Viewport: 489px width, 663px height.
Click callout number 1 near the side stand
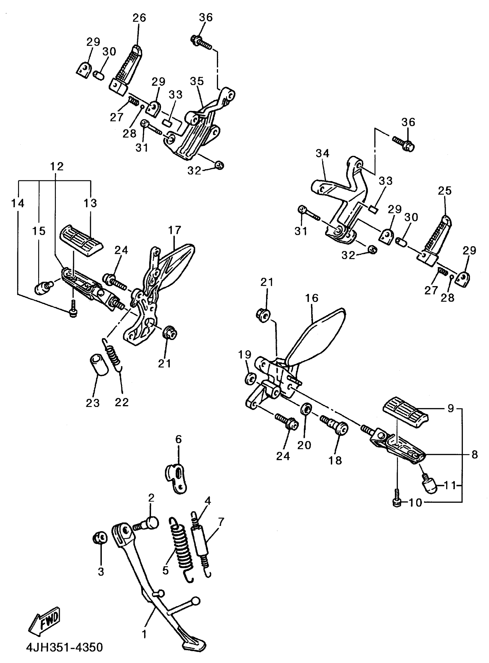pyautogui.click(x=144, y=634)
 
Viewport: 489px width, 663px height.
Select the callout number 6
pyautogui.click(x=179, y=439)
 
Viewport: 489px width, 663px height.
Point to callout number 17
pyautogui.click(x=175, y=230)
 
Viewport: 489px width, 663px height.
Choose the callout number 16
pyautogui.click(x=312, y=298)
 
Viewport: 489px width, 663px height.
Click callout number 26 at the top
pyautogui.click(x=139, y=18)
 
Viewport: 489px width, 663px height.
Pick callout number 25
pyautogui.click(x=445, y=191)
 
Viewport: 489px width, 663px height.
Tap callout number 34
pyautogui.click(x=323, y=153)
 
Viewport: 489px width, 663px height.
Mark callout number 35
pyautogui.click(x=197, y=81)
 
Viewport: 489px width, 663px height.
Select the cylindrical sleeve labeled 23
pyautogui.click(x=99, y=367)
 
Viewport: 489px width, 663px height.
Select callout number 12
pyautogui.click(x=57, y=167)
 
